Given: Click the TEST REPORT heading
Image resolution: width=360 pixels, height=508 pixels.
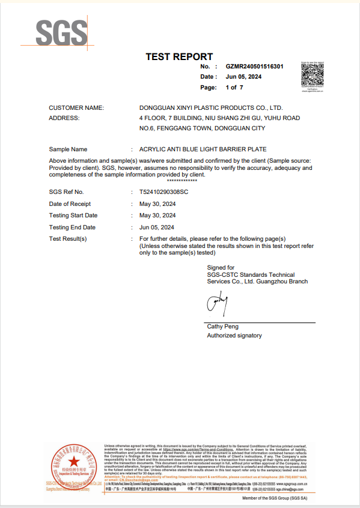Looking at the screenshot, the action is pyautogui.click(x=179, y=57).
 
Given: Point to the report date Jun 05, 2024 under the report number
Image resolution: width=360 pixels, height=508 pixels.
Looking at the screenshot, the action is pyautogui.click(x=244, y=77).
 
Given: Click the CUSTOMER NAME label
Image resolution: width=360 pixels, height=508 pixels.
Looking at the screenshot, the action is pyautogui.click(x=76, y=107).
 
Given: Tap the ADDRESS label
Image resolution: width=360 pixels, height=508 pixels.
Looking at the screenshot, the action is pyautogui.click(x=64, y=118).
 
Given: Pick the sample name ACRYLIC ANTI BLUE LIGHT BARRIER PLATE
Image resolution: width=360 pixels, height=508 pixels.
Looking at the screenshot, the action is pyautogui.click(x=203, y=149).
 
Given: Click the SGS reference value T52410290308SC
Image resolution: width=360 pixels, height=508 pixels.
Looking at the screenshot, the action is pyautogui.click(x=163, y=192).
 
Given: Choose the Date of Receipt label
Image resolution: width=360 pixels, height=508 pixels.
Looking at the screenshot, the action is pyautogui.click(x=70, y=204).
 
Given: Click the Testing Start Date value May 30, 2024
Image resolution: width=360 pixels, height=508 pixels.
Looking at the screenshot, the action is pyautogui.click(x=157, y=215).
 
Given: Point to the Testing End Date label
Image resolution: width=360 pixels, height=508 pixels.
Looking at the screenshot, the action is pyautogui.click(x=72, y=228).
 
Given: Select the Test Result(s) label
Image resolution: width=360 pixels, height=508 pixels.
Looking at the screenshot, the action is pyautogui.click(x=68, y=239).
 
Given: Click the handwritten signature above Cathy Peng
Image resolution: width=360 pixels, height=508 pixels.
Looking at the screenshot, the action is pyautogui.click(x=217, y=304).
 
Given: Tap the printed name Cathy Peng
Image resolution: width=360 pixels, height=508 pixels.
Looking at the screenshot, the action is pyautogui.click(x=222, y=327).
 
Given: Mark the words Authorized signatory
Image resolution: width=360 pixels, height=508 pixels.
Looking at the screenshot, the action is pyautogui.click(x=234, y=336).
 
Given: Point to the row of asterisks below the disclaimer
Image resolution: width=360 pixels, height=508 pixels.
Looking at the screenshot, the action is pyautogui.click(x=182, y=181).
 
